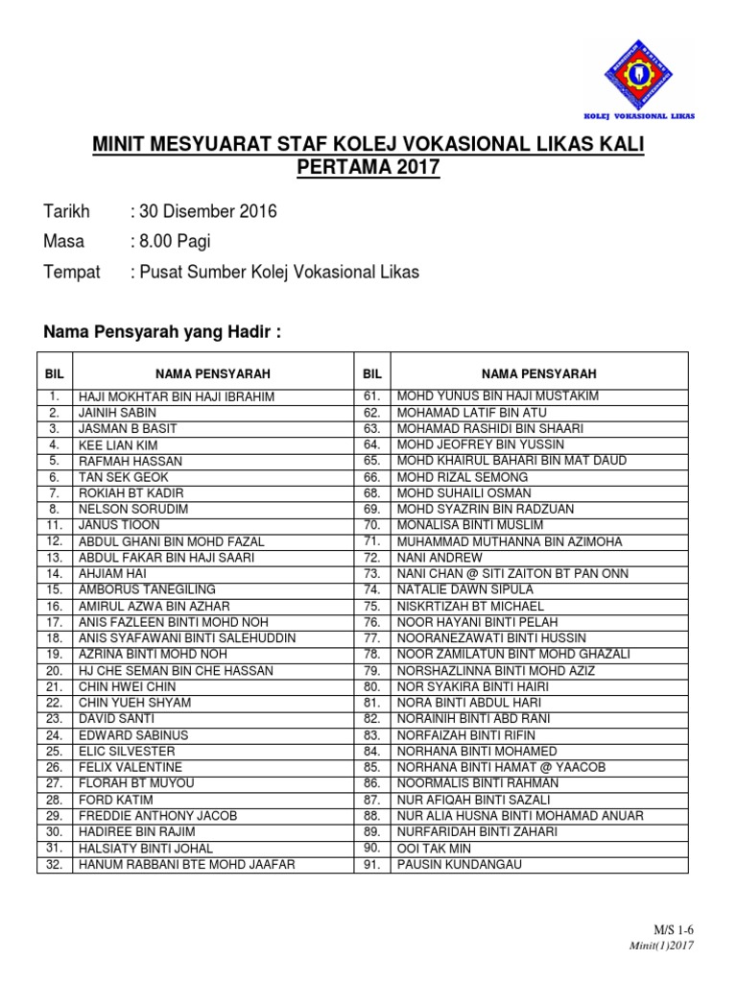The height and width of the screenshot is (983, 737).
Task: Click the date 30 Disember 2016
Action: [x=208, y=212]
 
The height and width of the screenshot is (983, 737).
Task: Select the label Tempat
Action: [x=72, y=272]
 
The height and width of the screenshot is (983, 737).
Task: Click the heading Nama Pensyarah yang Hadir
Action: [x=164, y=332]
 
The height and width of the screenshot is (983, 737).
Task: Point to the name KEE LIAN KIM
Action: [x=118, y=445]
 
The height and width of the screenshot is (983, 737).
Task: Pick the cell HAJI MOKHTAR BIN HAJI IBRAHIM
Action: [x=178, y=396]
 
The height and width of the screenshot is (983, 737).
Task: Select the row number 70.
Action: [x=373, y=525]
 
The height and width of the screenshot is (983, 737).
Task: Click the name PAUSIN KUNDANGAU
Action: [x=448, y=865]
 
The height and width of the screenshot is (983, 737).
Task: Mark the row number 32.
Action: [x=55, y=865]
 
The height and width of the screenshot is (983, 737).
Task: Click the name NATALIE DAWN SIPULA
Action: [x=456, y=589]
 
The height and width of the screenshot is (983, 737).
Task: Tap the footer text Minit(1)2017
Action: [x=662, y=945]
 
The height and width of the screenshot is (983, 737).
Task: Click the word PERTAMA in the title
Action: [x=345, y=167]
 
